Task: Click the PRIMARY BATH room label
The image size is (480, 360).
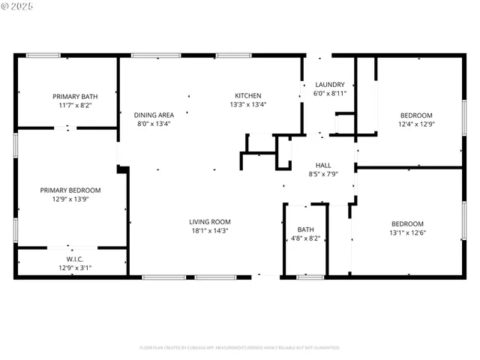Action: click(x=74, y=96)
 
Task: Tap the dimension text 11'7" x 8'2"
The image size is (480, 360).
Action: click(x=74, y=106)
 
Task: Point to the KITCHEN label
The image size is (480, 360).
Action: click(x=247, y=95)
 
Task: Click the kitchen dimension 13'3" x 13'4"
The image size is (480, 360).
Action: click(x=247, y=105)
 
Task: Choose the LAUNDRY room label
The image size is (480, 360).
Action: click(x=329, y=84)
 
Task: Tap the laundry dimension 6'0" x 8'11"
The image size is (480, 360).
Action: click(x=329, y=94)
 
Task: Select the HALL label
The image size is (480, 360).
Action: click(x=323, y=165)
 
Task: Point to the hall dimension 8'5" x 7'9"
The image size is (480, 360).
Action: click(x=323, y=175)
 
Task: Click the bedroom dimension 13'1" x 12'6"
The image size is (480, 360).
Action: click(x=407, y=233)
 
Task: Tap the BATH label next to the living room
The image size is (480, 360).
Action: click(x=305, y=229)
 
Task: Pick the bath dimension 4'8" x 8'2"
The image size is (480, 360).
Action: click(x=305, y=239)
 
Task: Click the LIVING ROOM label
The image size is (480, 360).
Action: click(x=209, y=222)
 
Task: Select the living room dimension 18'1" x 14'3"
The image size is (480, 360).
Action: click(x=209, y=232)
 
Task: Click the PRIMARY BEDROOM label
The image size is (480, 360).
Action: click(x=70, y=190)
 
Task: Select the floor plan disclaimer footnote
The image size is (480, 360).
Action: click(x=239, y=347)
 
